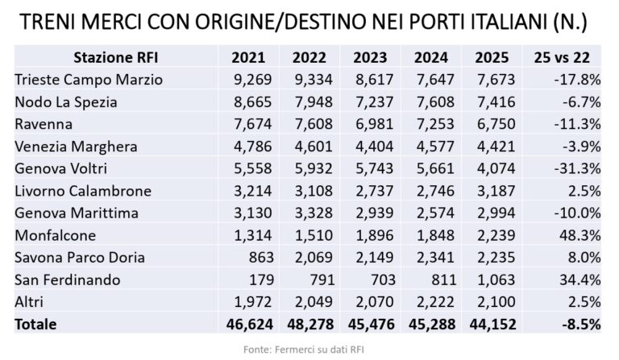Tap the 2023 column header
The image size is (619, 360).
(370, 57)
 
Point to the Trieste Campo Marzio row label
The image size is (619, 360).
(89, 79)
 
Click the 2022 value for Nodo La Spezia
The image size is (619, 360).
(311, 101)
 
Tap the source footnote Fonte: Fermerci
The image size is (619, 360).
(309, 349)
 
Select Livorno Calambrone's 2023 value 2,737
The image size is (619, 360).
(372, 192)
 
